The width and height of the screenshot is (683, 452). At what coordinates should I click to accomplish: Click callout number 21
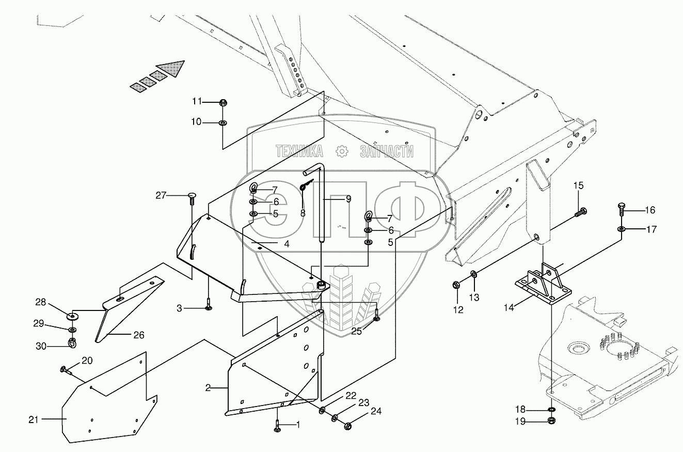coord(34,419)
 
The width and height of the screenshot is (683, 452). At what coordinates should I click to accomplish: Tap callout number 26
coord(139,335)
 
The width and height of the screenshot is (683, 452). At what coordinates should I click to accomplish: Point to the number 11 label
coord(197,101)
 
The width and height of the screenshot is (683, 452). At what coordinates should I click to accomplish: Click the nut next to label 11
coord(223,102)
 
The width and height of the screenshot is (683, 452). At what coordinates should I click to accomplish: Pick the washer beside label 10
coord(223,123)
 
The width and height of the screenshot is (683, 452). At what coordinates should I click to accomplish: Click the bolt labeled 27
coord(192,196)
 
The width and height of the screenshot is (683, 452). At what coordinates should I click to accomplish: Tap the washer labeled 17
coord(621,229)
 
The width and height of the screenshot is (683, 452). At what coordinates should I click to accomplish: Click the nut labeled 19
coord(551,421)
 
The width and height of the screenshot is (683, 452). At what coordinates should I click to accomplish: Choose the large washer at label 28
coord(72,315)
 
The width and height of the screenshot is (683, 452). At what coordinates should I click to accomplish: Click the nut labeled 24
coord(347,426)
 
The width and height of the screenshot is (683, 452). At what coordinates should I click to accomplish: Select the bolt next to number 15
coord(582,211)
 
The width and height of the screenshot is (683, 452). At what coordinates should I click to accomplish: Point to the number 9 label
coord(348,198)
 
